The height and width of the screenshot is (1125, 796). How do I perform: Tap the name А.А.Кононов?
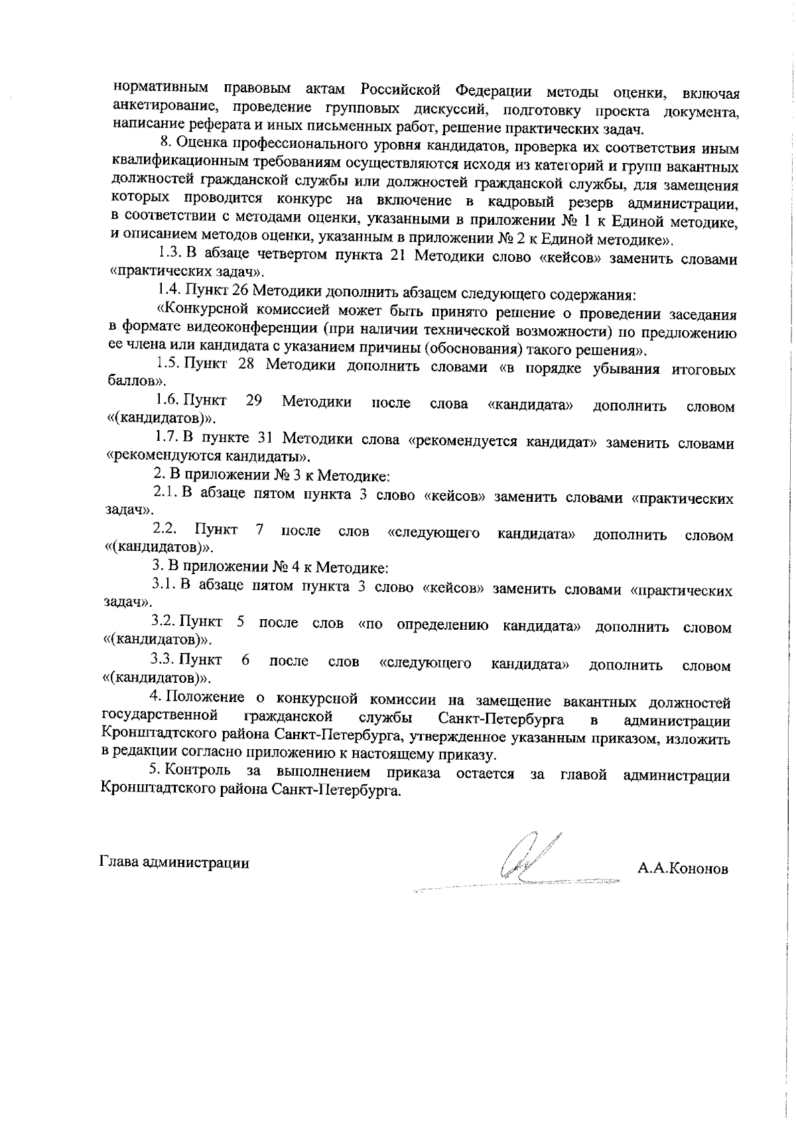click(683, 868)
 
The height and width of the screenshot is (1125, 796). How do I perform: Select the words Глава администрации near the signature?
click(174, 863)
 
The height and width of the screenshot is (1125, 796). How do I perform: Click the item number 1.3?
click(169, 253)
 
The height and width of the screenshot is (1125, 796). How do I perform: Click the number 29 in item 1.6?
click(253, 401)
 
